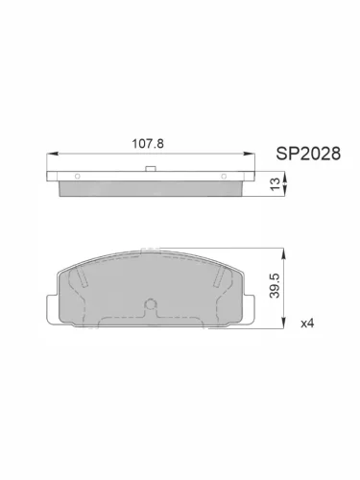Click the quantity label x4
tap(307, 324)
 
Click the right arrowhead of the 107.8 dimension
tap(251, 154)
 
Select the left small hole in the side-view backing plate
tap(76, 178)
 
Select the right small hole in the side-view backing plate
tap(228, 178)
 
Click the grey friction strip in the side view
tap(151, 188)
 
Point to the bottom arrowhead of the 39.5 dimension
tap(283, 326)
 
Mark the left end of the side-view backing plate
tap(50, 178)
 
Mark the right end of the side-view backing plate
tap(252, 178)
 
